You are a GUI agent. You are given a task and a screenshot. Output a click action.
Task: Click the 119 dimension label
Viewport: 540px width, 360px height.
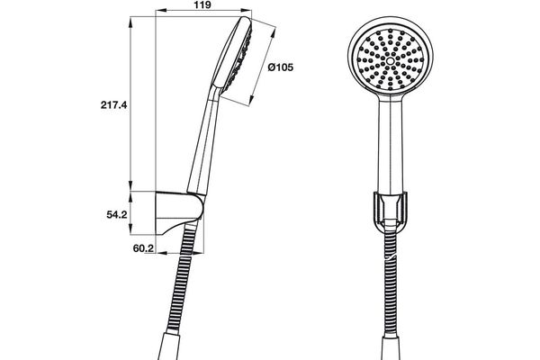(204, 5)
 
